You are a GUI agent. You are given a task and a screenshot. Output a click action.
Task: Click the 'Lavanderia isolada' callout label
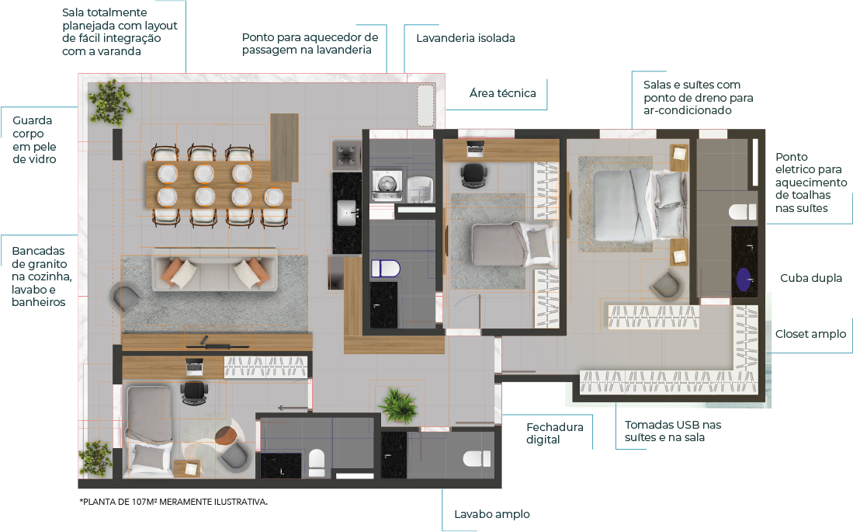click(465, 37)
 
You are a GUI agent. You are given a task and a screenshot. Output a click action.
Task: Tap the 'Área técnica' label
click(502, 93)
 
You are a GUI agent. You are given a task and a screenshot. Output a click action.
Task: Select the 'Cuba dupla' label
click(810, 278)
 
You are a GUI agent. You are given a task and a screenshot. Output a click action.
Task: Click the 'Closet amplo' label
click(810, 335)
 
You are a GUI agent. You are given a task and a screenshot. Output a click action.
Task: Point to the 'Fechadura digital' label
click(553, 433)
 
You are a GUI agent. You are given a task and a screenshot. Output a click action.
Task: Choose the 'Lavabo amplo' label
click(491, 514)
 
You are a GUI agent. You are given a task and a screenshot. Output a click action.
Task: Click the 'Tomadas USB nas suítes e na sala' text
click(672, 431)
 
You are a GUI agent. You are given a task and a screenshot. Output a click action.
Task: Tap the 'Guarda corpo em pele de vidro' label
click(33, 140)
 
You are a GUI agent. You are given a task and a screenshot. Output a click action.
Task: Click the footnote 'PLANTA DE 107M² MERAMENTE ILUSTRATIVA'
click(173, 502)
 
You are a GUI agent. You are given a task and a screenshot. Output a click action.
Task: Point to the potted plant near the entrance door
click(398, 404)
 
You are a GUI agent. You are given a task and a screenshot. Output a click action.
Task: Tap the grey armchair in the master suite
click(667, 285)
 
